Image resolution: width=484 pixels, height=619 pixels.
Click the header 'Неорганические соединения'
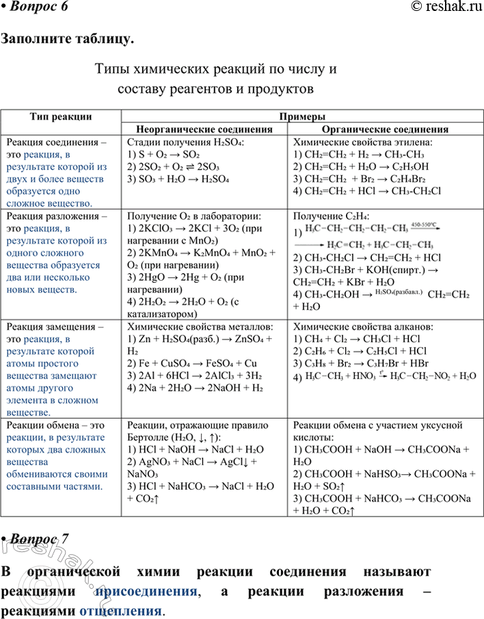pyautogui.click(x=204, y=129)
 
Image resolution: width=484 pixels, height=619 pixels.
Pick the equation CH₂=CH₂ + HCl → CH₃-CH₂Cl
pyautogui.click(x=366, y=191)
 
